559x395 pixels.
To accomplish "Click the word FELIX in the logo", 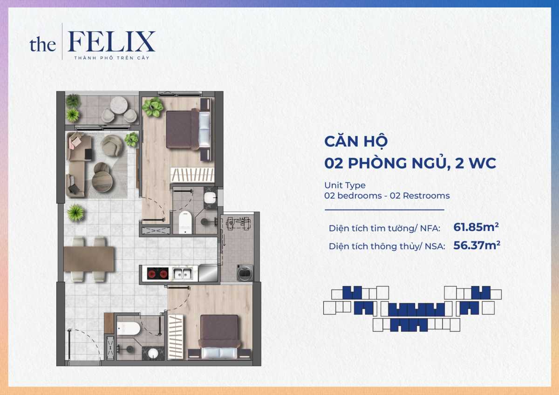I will click(111, 42).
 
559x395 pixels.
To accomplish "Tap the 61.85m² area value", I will click(476, 227).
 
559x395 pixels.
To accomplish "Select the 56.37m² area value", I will click(476, 245).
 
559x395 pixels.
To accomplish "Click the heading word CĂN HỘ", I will click(356, 141).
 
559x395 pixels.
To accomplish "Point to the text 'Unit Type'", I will click(345, 185).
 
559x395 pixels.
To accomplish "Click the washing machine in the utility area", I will click(245, 272).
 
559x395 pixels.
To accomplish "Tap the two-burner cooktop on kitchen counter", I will click(157, 274).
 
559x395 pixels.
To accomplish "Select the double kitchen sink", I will click(182, 274).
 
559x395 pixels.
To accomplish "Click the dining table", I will click(89, 259).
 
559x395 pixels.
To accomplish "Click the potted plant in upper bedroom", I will click(152, 108).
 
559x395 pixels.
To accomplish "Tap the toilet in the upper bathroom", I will click(186, 222).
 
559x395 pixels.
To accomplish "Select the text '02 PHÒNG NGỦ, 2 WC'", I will click(410, 163).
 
